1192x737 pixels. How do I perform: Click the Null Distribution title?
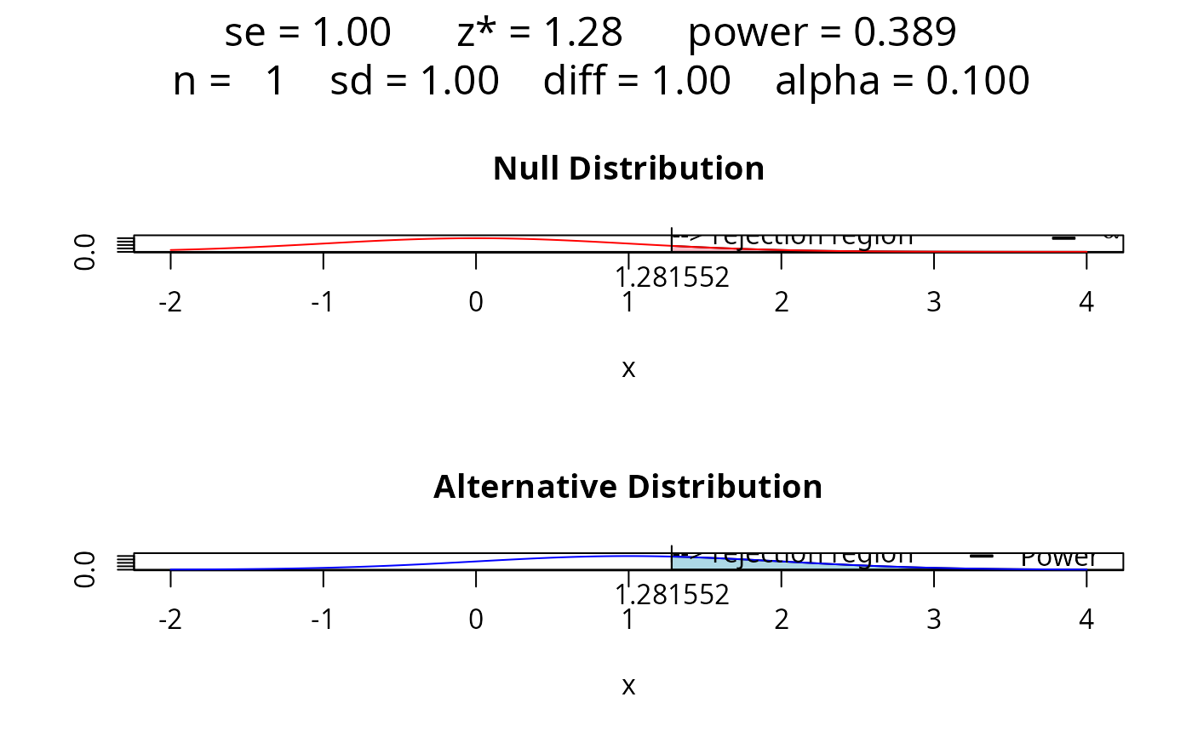click(x=628, y=169)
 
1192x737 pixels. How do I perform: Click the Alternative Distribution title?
click(x=628, y=487)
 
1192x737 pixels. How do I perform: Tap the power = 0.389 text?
click(x=822, y=33)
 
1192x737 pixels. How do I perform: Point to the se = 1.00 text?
click(x=307, y=33)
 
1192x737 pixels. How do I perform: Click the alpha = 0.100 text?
click(x=903, y=82)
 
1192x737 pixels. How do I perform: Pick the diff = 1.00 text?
click(x=637, y=82)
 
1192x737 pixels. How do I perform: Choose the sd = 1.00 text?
click(x=415, y=82)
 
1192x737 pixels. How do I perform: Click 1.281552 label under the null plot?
click(x=672, y=277)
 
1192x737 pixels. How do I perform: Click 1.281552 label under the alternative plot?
click(x=672, y=595)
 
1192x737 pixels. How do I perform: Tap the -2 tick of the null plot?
click(x=170, y=303)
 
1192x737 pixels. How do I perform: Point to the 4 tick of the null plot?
click(x=1086, y=303)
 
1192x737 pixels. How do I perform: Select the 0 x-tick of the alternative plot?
click(x=475, y=620)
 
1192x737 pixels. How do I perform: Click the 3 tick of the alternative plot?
click(x=933, y=620)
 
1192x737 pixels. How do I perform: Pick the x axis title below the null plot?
click(x=628, y=368)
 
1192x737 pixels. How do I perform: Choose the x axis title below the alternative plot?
click(x=628, y=686)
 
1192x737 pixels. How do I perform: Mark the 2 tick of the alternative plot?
click(x=781, y=620)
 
